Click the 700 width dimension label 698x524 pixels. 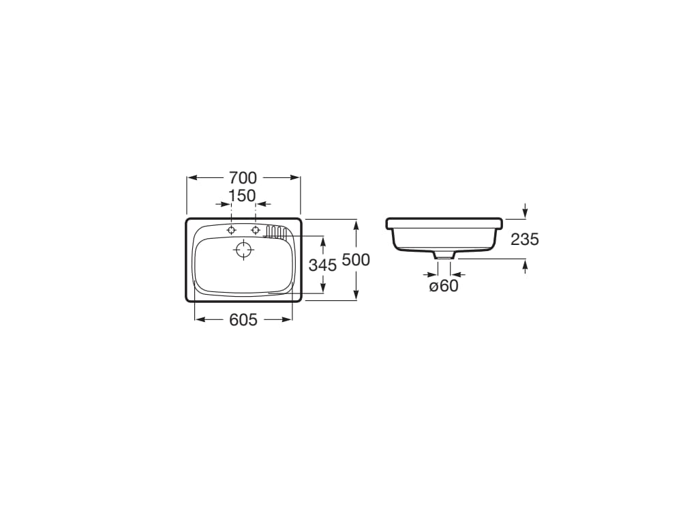(243, 178)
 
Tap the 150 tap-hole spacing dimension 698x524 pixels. (242, 196)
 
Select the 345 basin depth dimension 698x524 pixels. (322, 265)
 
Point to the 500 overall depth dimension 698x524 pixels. (356, 260)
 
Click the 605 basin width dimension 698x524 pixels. (243, 319)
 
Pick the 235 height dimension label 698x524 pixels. (524, 239)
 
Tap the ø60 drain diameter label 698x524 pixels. (444, 286)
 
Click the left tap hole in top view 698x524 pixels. (232, 230)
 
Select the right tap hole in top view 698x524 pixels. (256, 230)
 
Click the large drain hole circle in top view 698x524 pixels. (243, 249)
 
